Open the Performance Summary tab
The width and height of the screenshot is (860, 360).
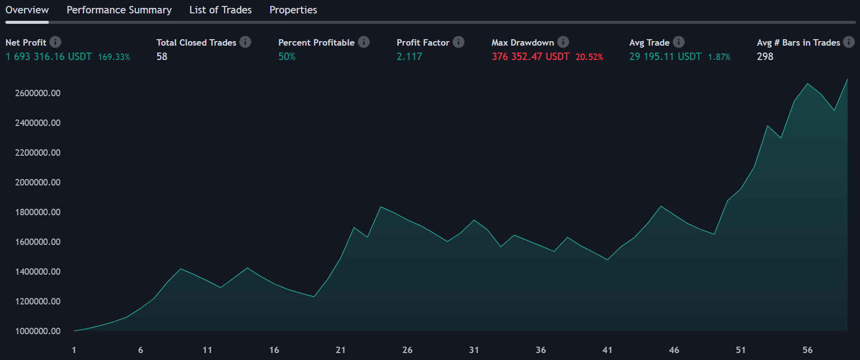click(x=119, y=10)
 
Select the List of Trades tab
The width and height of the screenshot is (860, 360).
click(x=220, y=10)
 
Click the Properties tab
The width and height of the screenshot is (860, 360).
click(x=293, y=10)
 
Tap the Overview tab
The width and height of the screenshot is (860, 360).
click(x=27, y=10)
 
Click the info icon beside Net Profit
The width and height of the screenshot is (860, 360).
click(x=56, y=42)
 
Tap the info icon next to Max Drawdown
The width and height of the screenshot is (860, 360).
click(x=563, y=42)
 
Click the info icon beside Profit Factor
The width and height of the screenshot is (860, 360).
click(x=459, y=42)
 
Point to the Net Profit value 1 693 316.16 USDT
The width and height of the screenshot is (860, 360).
click(x=49, y=57)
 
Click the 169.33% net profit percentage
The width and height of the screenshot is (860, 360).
click(x=114, y=57)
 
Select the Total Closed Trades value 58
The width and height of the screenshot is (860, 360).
click(x=162, y=57)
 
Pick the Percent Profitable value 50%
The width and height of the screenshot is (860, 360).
click(x=287, y=57)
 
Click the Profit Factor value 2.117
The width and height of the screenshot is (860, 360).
click(x=409, y=57)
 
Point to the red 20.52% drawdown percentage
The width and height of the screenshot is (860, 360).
click(x=589, y=57)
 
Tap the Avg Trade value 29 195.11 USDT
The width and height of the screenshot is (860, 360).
click(x=665, y=57)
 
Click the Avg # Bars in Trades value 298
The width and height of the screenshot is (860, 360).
click(x=765, y=57)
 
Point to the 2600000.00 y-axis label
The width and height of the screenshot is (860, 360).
click(x=38, y=93)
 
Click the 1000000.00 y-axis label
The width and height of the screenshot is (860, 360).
click(x=38, y=331)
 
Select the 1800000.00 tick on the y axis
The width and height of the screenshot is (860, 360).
click(x=38, y=212)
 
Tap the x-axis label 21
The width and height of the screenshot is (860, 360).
click(x=340, y=350)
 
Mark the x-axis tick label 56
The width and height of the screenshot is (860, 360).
click(x=807, y=350)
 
